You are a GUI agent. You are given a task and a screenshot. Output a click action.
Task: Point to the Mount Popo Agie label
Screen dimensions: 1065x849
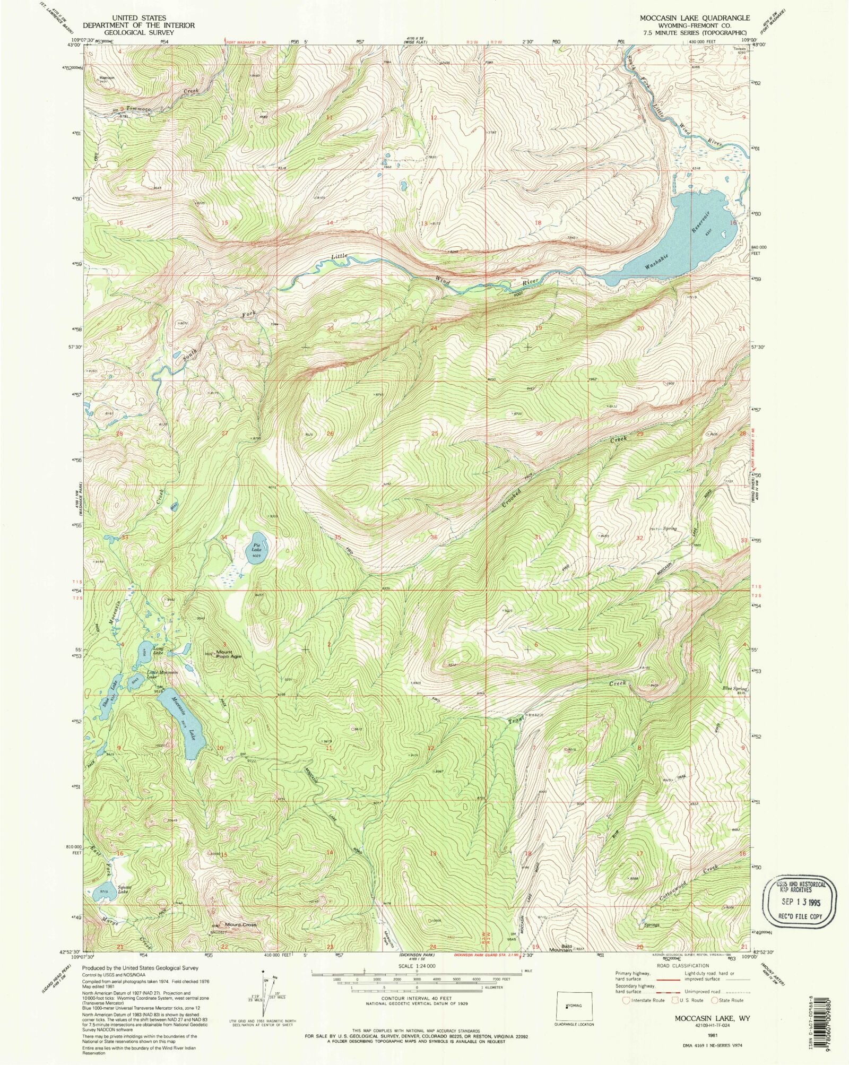pos(228,654)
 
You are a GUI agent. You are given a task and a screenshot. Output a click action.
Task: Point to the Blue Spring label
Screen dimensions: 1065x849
pos(734,688)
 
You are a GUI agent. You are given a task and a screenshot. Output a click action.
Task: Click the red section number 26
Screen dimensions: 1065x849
pos(330,434)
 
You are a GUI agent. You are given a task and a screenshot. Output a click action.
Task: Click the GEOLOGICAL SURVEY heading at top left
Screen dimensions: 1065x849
pos(138,32)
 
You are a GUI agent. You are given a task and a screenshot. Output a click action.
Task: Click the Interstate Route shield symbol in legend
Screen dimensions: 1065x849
pos(627,1000)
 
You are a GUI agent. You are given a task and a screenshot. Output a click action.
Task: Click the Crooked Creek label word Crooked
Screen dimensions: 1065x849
pos(512,498)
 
